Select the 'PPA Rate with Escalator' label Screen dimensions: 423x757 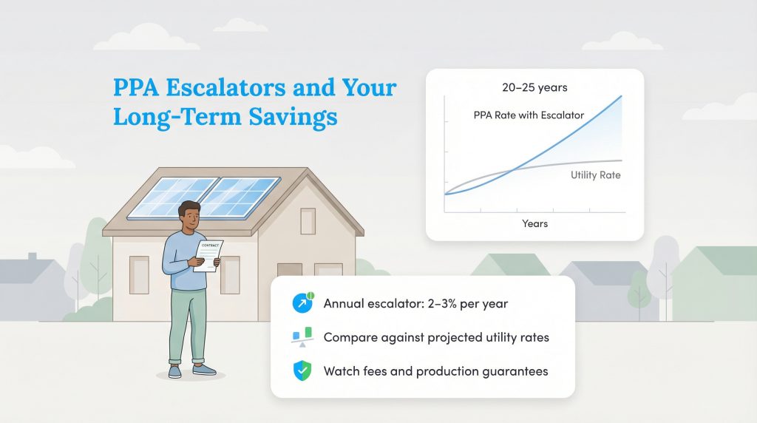[x=529, y=115]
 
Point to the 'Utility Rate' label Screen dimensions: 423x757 [x=595, y=175]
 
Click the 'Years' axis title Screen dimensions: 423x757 [x=534, y=223]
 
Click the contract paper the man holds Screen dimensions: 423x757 [x=206, y=252]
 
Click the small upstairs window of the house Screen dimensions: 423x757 [x=308, y=220]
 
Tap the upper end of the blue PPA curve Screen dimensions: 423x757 [x=620, y=97]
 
